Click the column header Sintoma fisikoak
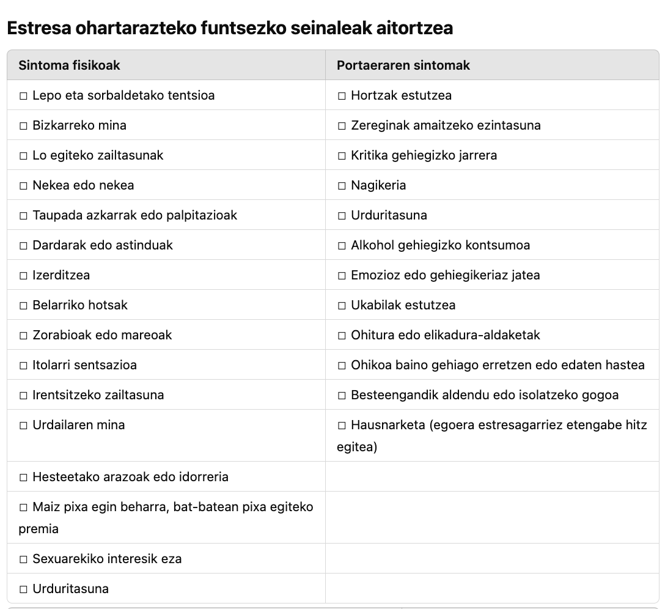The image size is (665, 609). point(69,65)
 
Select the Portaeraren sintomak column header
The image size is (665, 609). point(403,65)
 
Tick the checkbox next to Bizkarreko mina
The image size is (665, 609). point(24,126)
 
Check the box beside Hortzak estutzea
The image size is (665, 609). point(342,96)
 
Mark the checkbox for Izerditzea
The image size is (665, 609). point(24,276)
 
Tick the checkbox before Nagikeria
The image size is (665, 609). point(342,186)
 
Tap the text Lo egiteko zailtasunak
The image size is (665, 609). point(98,155)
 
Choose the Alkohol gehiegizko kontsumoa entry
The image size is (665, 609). point(440,245)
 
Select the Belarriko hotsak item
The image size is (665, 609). point(80,305)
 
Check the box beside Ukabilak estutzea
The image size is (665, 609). point(342,306)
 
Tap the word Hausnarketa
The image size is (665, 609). point(388,425)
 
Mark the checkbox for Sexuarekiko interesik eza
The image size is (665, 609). point(24,559)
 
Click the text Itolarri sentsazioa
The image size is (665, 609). point(84,365)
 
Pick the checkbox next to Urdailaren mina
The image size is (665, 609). point(24,426)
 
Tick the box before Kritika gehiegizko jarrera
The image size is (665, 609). point(342,156)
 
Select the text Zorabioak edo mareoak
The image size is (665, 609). point(102,335)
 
